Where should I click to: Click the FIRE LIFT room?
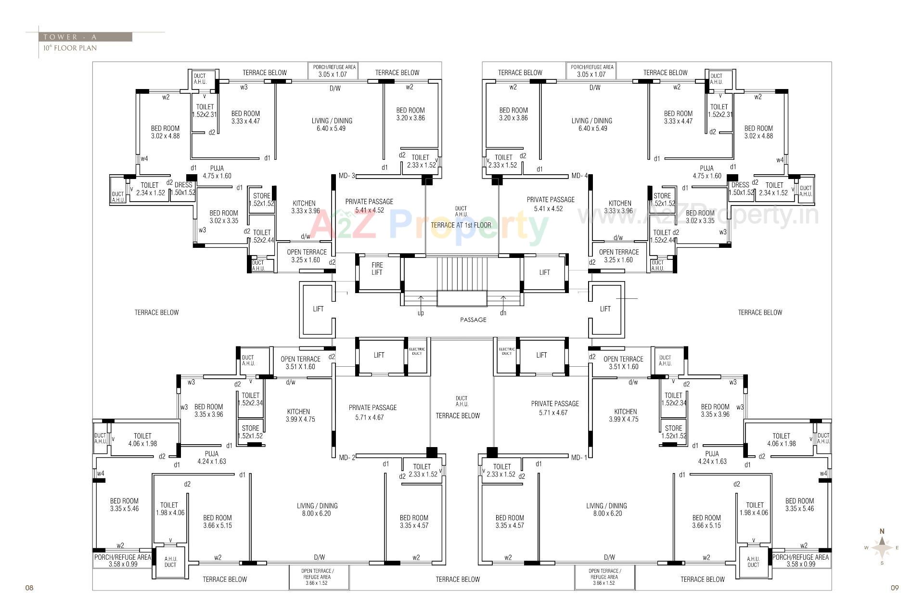tap(377, 269)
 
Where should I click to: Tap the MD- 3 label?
tap(346, 176)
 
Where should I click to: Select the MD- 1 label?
tap(579, 458)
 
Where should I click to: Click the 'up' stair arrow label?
tap(421, 313)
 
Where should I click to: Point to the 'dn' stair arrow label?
tap(503, 313)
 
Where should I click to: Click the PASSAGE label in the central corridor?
tap(473, 320)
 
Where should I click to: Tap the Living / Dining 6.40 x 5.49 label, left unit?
tap(332, 125)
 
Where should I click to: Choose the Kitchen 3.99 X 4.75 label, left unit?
tap(300, 415)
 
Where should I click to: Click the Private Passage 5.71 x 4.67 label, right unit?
tap(555, 408)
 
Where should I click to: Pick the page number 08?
tap(29, 588)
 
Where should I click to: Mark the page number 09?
tap(894, 588)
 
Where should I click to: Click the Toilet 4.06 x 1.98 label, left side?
tap(142, 440)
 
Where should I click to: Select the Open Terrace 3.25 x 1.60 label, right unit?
tap(619, 256)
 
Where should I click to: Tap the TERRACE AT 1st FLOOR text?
tap(461, 225)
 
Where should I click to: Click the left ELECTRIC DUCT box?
tap(417, 352)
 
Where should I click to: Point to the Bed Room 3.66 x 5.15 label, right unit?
tap(706, 522)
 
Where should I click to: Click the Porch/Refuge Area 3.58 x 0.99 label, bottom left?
tap(123, 561)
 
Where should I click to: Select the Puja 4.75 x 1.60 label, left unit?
tap(217, 172)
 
